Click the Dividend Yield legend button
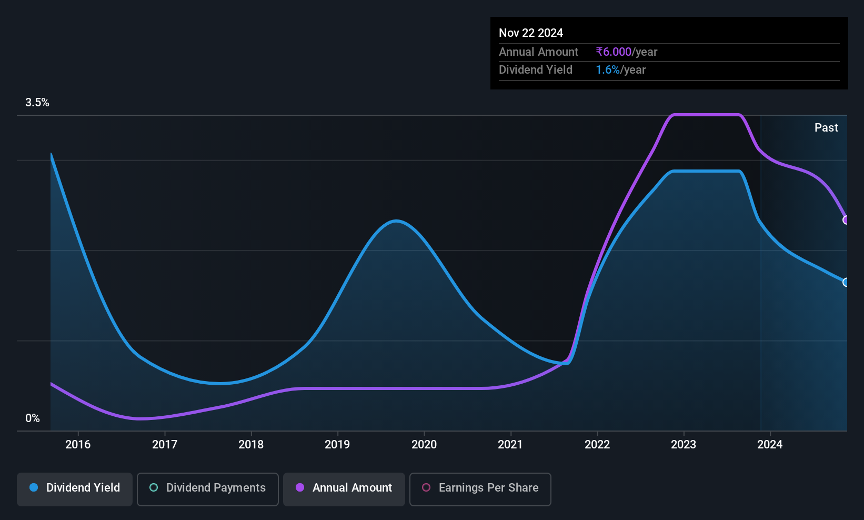[74, 489]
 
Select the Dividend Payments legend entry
[207, 489]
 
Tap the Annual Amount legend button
[344, 489]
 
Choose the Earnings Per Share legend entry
[480, 489]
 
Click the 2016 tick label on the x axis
[78, 444]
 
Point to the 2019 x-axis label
[337, 444]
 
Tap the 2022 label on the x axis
[597, 444]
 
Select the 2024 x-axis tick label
[770, 444]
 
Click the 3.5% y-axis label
[37, 103]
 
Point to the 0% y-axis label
[33, 418]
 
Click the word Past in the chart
[826, 128]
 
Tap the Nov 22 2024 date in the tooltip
[531, 33]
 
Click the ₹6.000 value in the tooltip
[614, 52]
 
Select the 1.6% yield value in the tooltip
[608, 70]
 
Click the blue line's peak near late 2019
[396, 221]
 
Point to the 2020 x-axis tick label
[424, 444]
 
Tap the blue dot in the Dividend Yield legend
[34, 487]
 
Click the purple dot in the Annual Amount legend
[300, 487]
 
